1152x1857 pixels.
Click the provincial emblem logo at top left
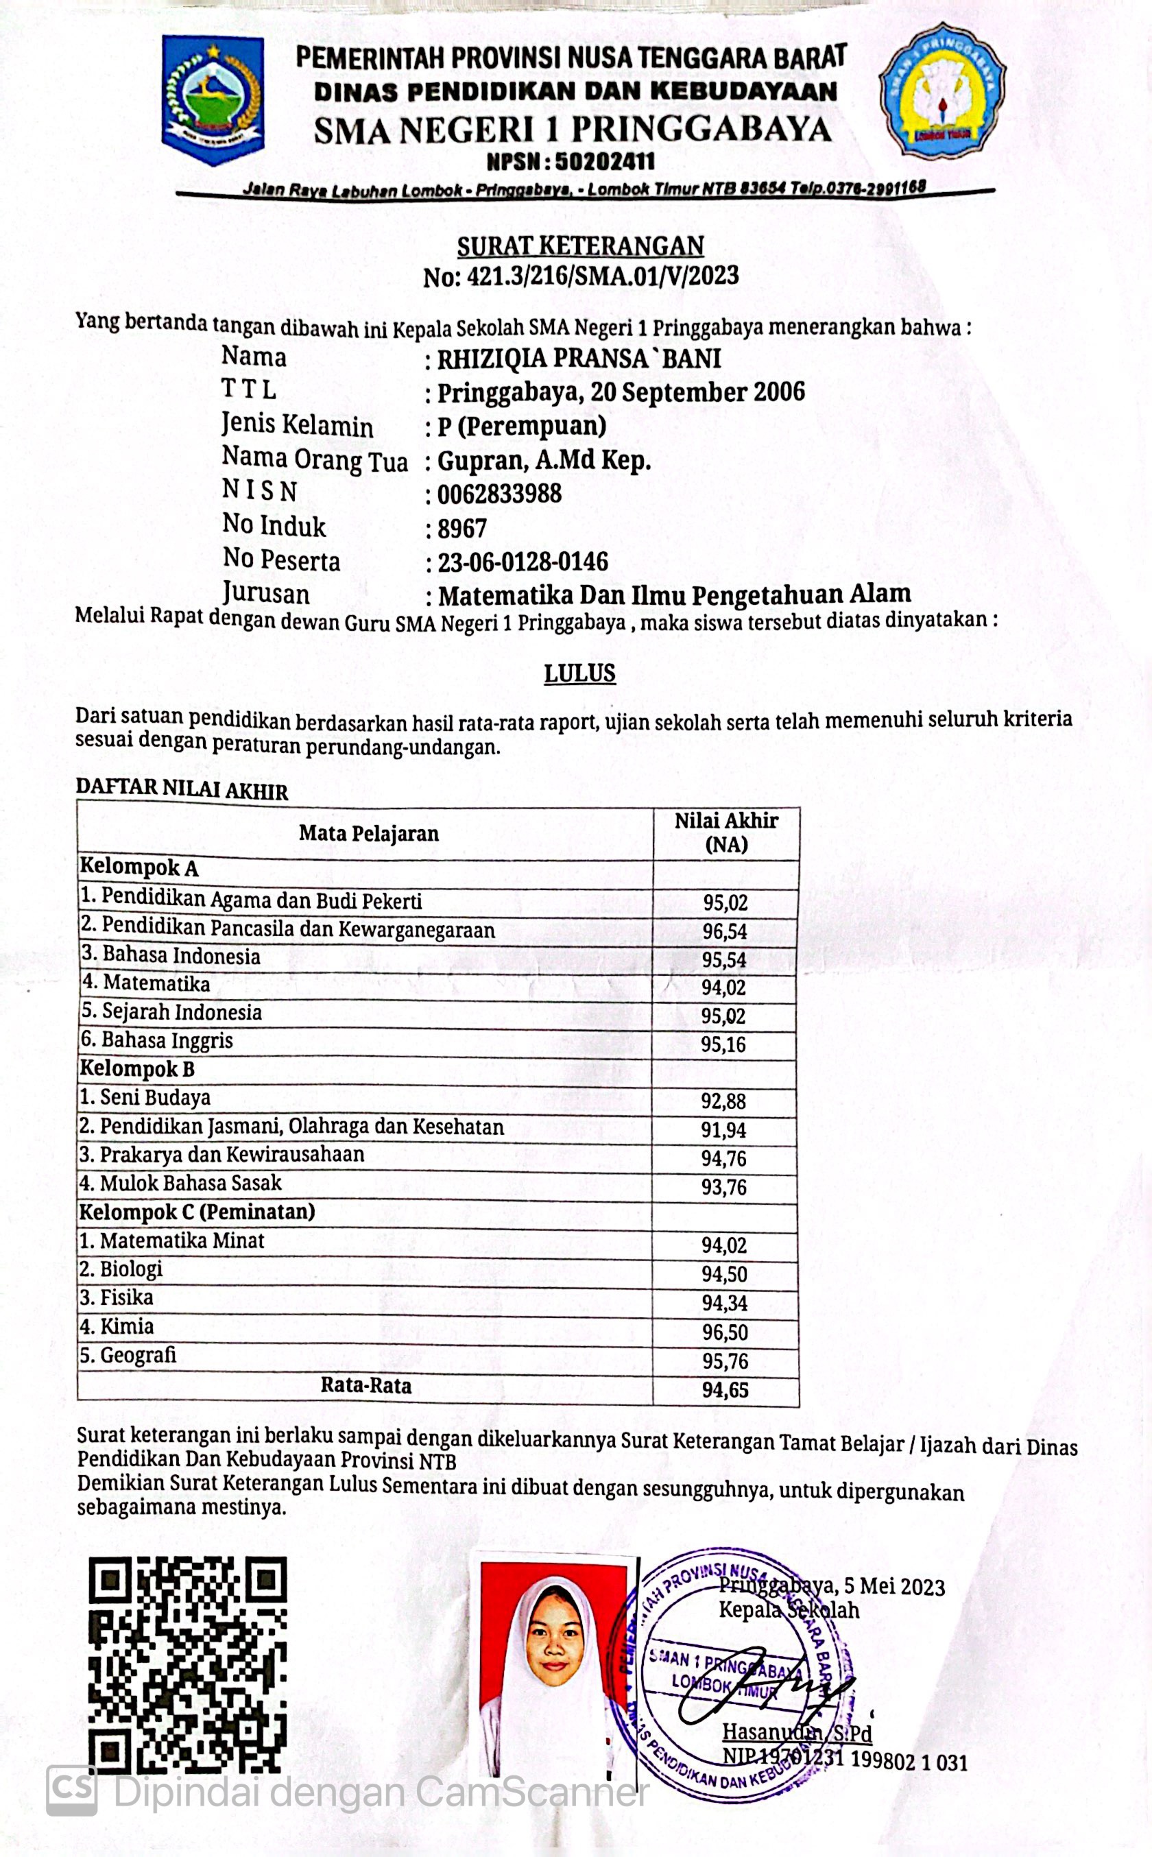[213, 101]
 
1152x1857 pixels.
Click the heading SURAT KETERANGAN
[580, 246]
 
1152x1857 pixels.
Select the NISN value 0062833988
[499, 494]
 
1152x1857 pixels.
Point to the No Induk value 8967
[461, 529]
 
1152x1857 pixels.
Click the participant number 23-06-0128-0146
[523, 562]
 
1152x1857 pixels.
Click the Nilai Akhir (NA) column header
[725, 832]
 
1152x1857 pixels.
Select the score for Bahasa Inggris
[724, 1044]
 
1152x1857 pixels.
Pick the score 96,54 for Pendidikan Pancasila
[725, 931]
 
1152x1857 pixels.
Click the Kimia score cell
[725, 1332]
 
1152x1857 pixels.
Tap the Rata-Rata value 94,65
[725, 1390]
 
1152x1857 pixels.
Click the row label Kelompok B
[137, 1069]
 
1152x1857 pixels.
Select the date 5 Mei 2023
[900, 1588]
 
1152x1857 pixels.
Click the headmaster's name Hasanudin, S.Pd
[796, 1733]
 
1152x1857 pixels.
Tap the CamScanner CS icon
[71, 1790]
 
